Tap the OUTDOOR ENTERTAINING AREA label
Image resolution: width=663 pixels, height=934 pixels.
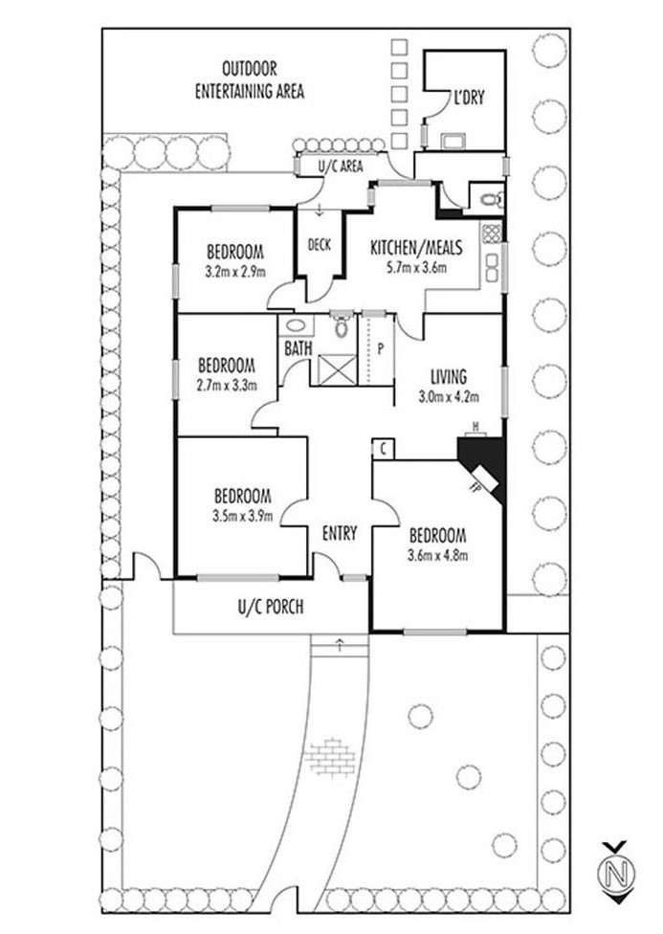(250, 80)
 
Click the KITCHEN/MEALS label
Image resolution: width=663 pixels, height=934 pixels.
(416, 248)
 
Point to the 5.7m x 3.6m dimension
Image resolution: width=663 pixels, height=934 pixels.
(416, 267)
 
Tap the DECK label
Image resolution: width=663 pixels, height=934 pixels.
(319, 245)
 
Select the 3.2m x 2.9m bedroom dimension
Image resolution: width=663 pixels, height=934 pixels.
(235, 271)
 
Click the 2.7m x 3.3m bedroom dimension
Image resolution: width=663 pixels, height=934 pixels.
(226, 384)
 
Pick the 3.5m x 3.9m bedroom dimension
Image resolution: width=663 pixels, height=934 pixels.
(242, 516)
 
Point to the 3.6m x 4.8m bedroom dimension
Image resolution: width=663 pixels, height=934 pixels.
(436, 554)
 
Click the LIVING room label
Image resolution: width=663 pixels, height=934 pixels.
(448, 376)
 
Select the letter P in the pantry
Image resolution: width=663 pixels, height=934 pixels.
(380, 348)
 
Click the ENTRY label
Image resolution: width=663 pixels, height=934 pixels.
(339, 533)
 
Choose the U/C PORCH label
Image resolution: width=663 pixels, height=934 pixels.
(270, 606)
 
